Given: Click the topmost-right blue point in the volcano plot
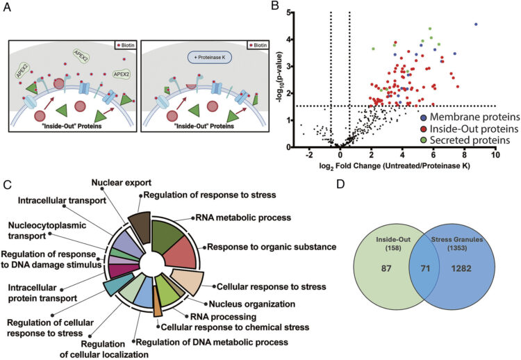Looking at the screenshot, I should click(x=476, y=24).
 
